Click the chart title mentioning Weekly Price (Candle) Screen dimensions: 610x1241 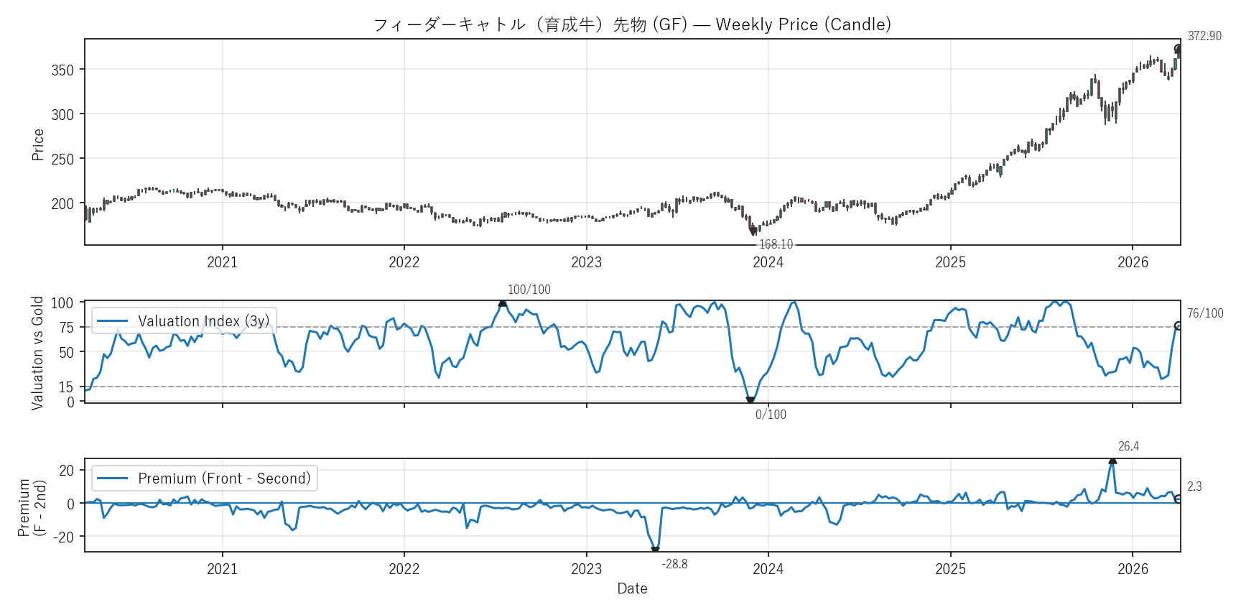(632, 24)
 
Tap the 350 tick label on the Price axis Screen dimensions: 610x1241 (62, 70)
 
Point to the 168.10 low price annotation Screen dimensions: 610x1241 (776, 244)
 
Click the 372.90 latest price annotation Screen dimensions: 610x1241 (1204, 36)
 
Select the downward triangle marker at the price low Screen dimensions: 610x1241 (753, 231)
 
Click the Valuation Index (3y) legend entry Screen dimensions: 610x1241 (185, 321)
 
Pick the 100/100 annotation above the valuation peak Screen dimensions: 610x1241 (529, 290)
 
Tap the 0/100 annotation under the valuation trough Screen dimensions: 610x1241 (771, 415)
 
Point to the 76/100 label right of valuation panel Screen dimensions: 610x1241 (1205, 313)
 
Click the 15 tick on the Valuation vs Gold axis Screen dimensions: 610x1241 (66, 387)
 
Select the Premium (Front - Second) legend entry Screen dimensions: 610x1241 (205, 479)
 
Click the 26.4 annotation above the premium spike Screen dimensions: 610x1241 (1128, 446)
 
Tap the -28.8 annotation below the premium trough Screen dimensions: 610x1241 (674, 564)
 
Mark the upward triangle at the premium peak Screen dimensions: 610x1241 (1112, 460)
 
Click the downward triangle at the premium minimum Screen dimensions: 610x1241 (655, 550)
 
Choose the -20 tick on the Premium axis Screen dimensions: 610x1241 (64, 537)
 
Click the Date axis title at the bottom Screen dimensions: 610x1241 (632, 588)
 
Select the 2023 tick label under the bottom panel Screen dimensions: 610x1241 (586, 569)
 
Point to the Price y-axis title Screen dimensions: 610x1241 (38, 144)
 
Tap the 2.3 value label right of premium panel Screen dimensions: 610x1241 (1194, 486)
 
